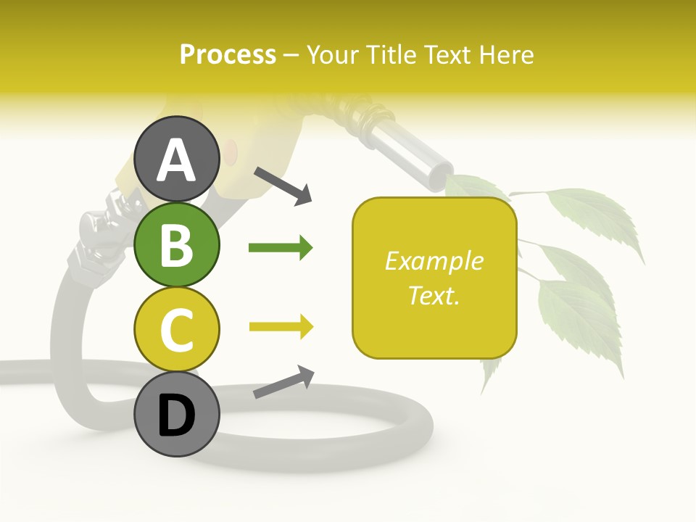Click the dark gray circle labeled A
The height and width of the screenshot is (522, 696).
point(176,159)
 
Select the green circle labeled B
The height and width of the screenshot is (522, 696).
point(176,244)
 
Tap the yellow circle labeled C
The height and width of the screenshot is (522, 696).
point(176,329)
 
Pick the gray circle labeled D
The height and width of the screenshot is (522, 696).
point(176,414)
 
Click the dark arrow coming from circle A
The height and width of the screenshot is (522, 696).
point(283,186)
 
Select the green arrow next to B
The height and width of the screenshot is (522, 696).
point(281,248)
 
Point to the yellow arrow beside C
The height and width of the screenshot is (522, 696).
point(281,327)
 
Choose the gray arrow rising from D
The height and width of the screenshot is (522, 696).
point(283,382)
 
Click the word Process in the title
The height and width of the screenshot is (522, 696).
point(228,55)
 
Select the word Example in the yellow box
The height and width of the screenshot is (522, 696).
point(434,261)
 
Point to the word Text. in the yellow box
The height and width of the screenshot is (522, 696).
point(434,295)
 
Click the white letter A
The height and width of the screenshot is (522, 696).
point(176,160)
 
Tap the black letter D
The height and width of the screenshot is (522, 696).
point(176,415)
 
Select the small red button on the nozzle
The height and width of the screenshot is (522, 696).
point(230,152)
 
